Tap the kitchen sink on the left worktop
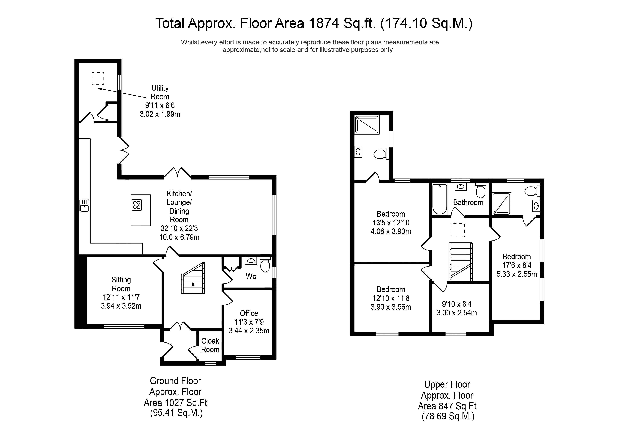click(84, 205)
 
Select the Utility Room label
click(160, 92)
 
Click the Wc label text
click(251, 276)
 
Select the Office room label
click(249, 313)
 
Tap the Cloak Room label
click(210, 345)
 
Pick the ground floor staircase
click(193, 278)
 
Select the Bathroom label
click(468, 202)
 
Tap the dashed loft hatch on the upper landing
click(458, 230)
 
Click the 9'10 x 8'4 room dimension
click(457, 304)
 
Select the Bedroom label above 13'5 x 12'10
click(391, 214)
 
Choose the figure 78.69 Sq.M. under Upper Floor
click(448, 416)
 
